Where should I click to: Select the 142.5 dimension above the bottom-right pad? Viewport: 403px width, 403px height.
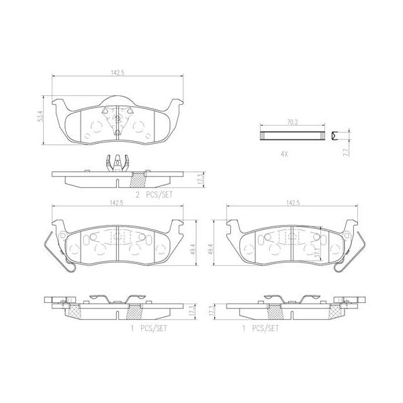pyautogui.click(x=292, y=201)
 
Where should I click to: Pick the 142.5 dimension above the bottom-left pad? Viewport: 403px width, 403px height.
pyautogui.click(x=118, y=201)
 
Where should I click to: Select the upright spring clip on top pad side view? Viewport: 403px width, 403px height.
pyautogui.click(x=118, y=163)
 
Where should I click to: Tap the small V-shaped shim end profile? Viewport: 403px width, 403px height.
pyautogui.click(x=337, y=136)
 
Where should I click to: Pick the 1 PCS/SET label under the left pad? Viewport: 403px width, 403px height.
pyautogui.click(x=148, y=328)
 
